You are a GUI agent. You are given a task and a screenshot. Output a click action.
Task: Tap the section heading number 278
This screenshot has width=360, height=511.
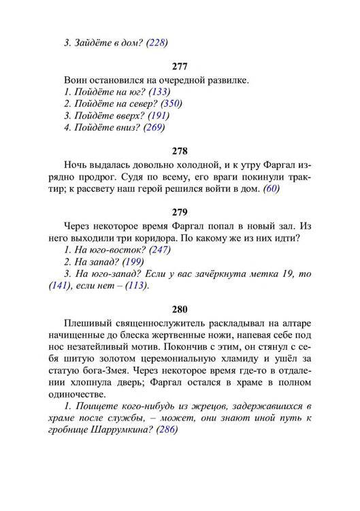pyautogui.click(x=180, y=150)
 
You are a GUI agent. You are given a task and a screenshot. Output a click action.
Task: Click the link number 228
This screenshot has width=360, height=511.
pyautogui.click(x=157, y=42)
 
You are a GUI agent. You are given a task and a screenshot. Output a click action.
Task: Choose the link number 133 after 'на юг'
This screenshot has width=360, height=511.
pyautogui.click(x=160, y=92)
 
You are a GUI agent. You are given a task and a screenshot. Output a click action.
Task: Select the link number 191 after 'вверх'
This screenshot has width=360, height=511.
pyautogui.click(x=159, y=115)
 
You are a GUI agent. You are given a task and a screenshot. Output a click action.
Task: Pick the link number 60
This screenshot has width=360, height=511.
pyautogui.click(x=272, y=190)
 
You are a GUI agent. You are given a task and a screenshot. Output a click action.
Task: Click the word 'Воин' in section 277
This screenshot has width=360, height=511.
pyautogui.click(x=76, y=80)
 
